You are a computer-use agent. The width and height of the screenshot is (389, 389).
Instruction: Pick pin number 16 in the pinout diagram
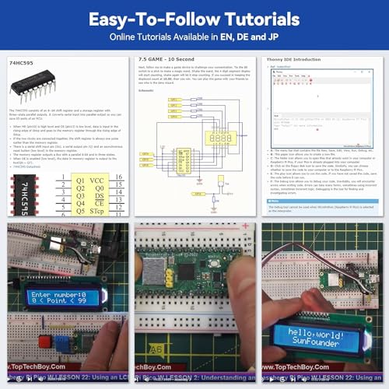click(118, 177)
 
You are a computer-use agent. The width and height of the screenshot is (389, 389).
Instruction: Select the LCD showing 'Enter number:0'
click(63, 300)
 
